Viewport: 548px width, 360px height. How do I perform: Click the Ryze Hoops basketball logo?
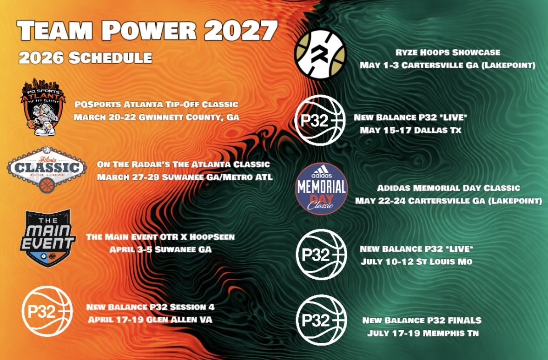pyautogui.click(x=321, y=54)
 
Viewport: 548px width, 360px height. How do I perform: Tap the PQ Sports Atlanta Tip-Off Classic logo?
pyautogui.click(x=40, y=109)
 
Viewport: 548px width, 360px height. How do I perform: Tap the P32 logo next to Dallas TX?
pyautogui.click(x=321, y=119)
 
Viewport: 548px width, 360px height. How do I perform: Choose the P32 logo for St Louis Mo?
pyautogui.click(x=321, y=255)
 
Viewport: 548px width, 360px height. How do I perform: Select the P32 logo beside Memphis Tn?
pyautogui.click(x=321, y=321)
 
